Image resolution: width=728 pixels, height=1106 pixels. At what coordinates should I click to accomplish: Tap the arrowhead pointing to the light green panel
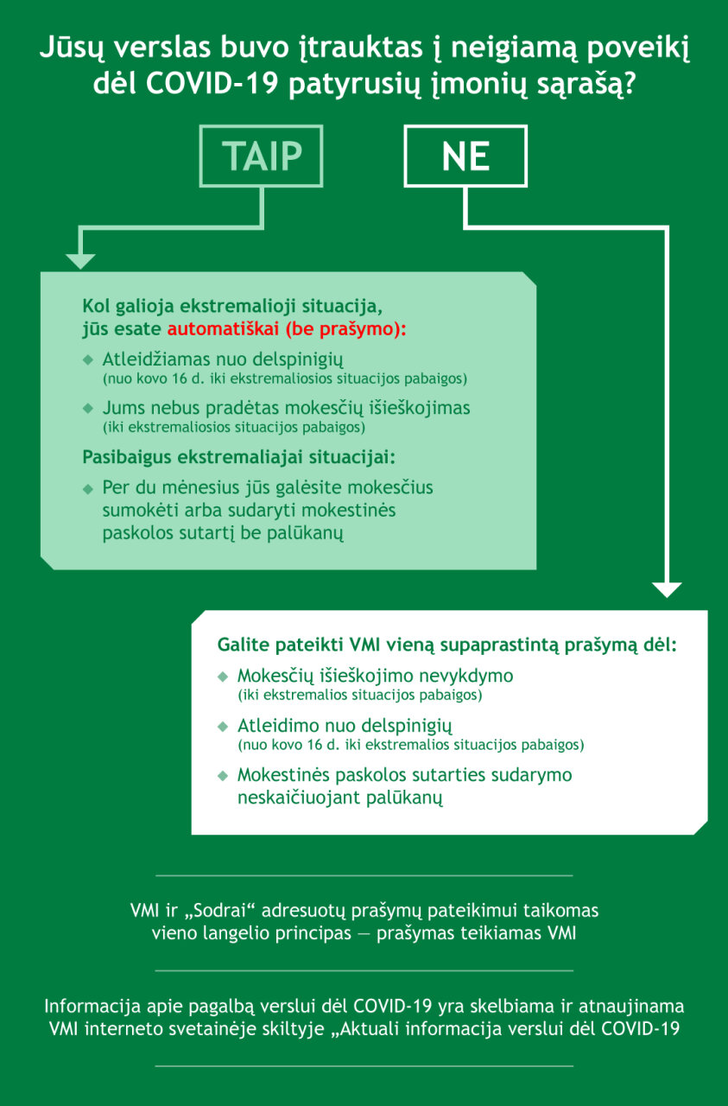point(80,261)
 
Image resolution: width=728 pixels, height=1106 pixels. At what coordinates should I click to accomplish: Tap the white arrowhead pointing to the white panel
point(667,589)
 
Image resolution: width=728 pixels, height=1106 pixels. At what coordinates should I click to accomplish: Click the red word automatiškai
point(223,329)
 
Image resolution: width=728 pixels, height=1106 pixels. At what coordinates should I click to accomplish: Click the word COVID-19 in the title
point(212,84)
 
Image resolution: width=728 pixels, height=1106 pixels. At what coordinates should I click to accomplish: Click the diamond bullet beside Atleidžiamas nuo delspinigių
point(88,360)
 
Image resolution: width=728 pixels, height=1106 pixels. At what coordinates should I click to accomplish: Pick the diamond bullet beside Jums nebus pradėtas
point(88,409)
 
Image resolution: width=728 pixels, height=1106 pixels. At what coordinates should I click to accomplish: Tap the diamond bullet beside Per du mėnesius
point(88,489)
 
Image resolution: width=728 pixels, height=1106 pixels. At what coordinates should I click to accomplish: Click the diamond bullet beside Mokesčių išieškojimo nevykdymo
point(223,677)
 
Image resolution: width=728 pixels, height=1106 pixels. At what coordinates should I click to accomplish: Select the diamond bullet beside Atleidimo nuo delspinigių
point(223,727)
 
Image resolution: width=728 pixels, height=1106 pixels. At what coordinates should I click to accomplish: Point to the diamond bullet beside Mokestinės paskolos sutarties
point(223,776)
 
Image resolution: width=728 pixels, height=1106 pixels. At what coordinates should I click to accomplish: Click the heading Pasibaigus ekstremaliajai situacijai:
point(239,457)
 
